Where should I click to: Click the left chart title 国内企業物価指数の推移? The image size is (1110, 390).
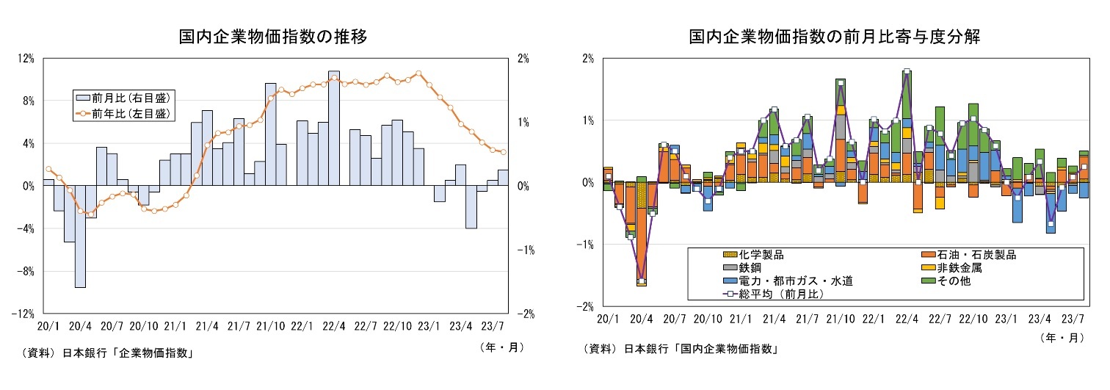[x=273, y=37]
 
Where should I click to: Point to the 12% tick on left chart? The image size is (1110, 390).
[x=27, y=59]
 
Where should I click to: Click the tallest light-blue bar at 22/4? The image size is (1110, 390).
[x=334, y=129]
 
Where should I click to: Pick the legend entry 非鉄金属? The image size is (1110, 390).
[x=961, y=268]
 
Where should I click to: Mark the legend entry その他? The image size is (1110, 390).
[x=955, y=281]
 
